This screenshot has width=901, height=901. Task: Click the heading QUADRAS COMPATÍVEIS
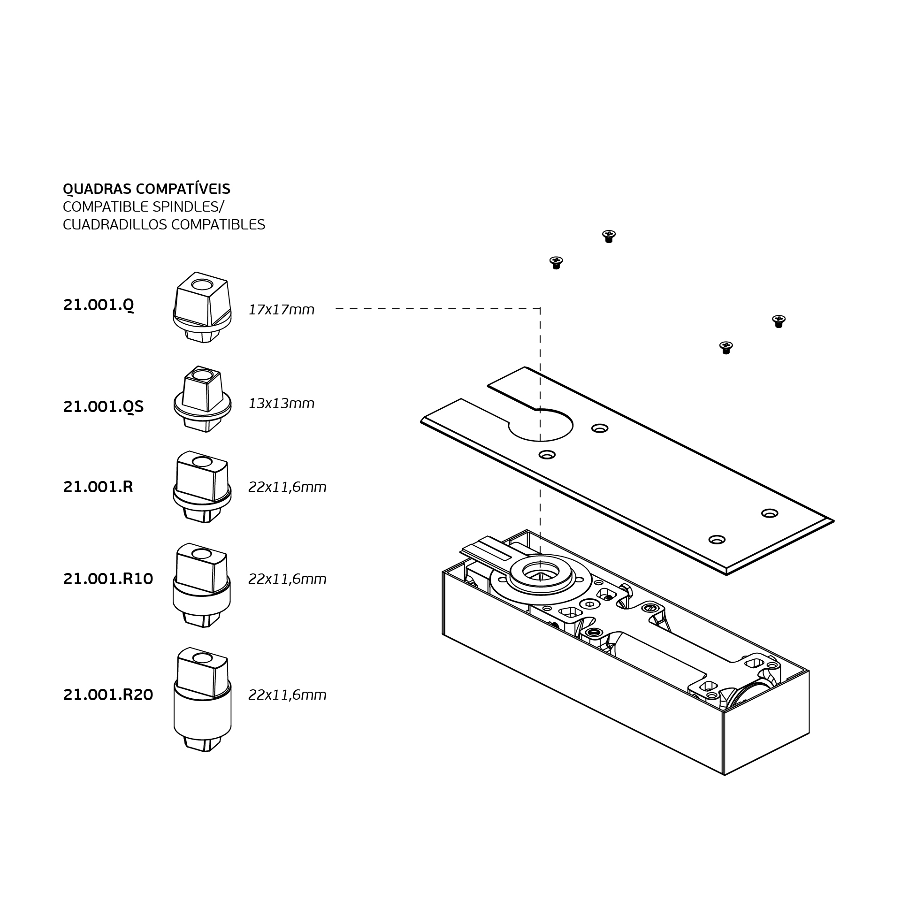[x=146, y=189]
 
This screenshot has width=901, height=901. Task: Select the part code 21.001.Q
[x=99, y=305]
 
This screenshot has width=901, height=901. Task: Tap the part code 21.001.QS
[x=103, y=406]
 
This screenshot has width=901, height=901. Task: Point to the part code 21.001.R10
[x=108, y=579]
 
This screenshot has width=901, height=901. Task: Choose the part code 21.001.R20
[x=108, y=695]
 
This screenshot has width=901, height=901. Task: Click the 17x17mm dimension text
[x=281, y=310]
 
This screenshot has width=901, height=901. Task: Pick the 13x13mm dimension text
[x=281, y=404]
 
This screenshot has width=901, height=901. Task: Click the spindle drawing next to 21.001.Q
[x=202, y=307]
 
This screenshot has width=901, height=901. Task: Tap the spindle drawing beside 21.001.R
[x=202, y=487]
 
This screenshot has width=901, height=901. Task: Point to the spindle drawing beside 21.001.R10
[x=202, y=585]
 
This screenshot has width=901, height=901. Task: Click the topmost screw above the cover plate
[x=609, y=236]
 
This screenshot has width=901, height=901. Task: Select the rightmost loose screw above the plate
[x=779, y=321]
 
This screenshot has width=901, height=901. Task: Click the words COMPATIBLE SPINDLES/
[x=144, y=206]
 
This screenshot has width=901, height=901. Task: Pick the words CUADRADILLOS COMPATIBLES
[x=164, y=225]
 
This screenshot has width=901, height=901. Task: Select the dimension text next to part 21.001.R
[x=287, y=487]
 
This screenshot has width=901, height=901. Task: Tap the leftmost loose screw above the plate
[x=556, y=262]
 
